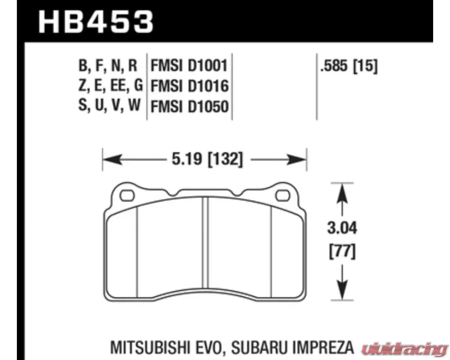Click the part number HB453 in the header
pyautogui.click(x=96, y=21)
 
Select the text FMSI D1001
pyautogui.click(x=189, y=66)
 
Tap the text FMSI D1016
pyautogui.click(x=189, y=87)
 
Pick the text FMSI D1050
pyautogui.click(x=189, y=107)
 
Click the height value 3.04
pyautogui.click(x=341, y=228)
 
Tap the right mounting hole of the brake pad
pyautogui.click(x=282, y=195)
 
